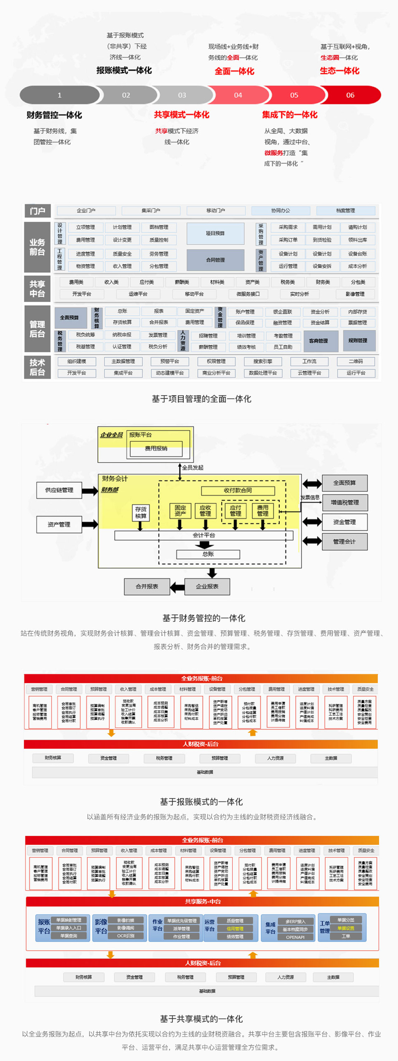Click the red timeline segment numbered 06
350,95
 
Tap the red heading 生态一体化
339,71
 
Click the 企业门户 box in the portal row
86,211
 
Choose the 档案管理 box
345,211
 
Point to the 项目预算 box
215,234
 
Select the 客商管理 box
319,341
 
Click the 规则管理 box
357,341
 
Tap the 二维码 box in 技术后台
356,361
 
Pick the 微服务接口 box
248,294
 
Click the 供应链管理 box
59,490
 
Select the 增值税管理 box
344,503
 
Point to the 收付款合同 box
238,490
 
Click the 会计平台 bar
204,535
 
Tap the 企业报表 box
207,586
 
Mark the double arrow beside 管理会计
312,541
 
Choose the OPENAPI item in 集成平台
295,937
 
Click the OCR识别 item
125,936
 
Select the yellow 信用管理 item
235,928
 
